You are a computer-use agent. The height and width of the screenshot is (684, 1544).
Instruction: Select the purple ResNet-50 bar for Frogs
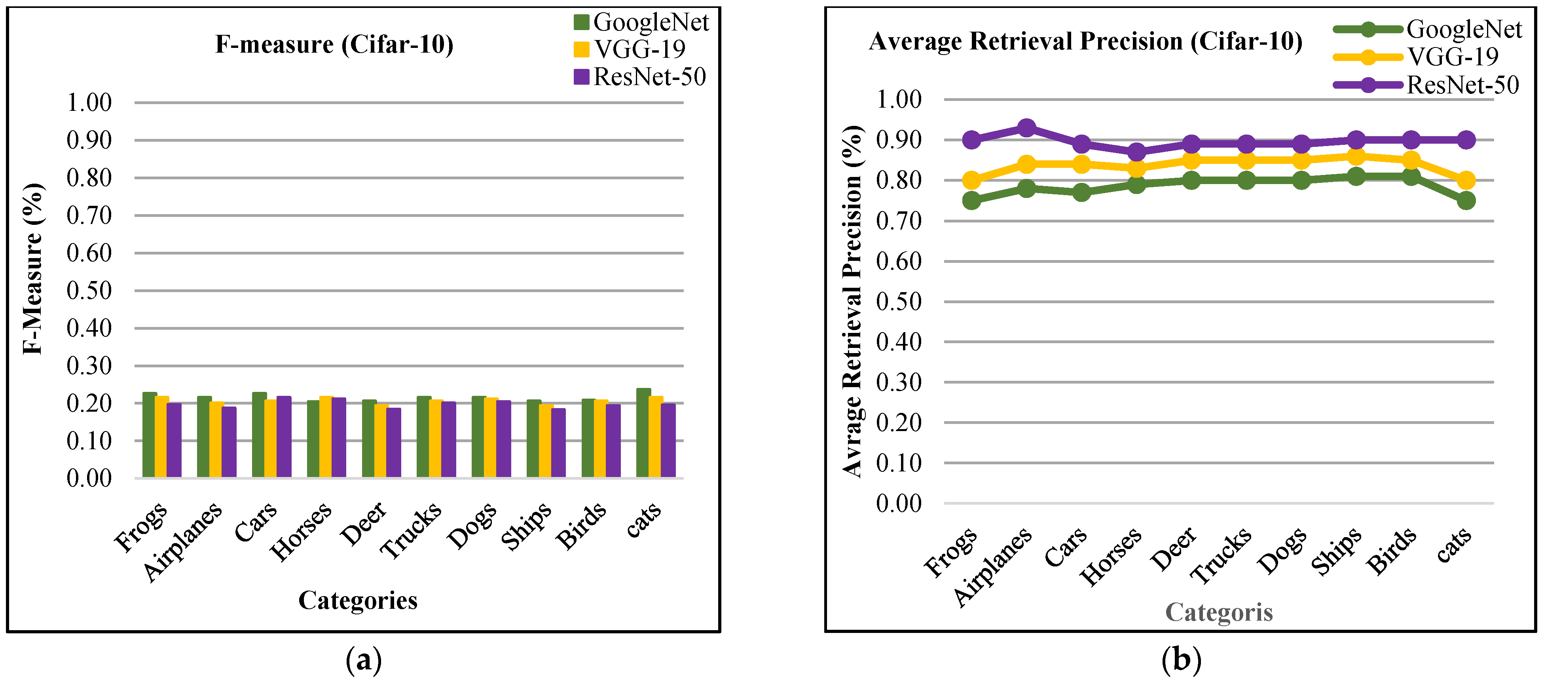(x=174, y=441)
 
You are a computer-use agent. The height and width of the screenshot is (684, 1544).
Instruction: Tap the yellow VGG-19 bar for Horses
(x=326, y=437)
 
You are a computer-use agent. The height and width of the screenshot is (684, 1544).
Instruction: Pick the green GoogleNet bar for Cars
(x=259, y=435)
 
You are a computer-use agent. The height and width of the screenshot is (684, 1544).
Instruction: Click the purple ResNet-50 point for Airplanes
(x=1026, y=128)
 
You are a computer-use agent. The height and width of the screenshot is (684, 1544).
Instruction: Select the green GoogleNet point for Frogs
(x=971, y=200)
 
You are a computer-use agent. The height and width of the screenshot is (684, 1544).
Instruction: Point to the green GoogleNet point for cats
(x=1466, y=200)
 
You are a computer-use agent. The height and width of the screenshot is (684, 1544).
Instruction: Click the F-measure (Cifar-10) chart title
(x=334, y=44)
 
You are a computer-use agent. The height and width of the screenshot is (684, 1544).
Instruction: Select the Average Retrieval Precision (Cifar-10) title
(x=1085, y=41)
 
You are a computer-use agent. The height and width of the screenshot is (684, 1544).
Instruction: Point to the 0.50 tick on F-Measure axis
(x=89, y=291)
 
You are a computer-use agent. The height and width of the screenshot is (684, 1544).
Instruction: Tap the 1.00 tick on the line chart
(x=899, y=99)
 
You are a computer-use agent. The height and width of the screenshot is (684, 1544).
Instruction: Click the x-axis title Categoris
(x=1218, y=612)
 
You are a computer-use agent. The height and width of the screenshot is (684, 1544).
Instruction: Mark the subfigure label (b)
(x=1181, y=659)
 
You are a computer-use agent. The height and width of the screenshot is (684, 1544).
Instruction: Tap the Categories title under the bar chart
(x=358, y=600)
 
